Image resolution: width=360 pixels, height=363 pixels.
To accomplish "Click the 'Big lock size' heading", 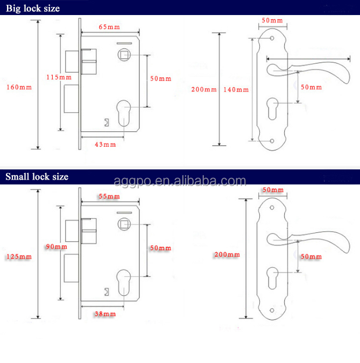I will (33, 9).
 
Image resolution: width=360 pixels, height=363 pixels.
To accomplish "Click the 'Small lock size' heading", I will (37, 176).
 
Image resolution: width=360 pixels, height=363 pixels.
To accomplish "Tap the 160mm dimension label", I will (19, 87).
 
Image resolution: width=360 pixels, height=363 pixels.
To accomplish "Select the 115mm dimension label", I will (59, 77).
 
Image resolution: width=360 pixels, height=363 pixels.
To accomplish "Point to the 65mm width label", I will (109, 27).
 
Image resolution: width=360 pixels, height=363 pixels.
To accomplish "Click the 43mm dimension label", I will (106, 144).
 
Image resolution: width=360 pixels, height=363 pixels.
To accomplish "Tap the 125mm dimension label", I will (19, 257).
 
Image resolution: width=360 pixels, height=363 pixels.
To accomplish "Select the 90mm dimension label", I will (57, 246).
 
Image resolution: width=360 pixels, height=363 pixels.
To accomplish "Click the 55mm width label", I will (109, 197).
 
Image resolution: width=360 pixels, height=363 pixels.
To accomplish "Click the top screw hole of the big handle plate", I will (272, 39).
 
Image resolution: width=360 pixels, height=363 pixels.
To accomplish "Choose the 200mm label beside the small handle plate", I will (227, 254).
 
